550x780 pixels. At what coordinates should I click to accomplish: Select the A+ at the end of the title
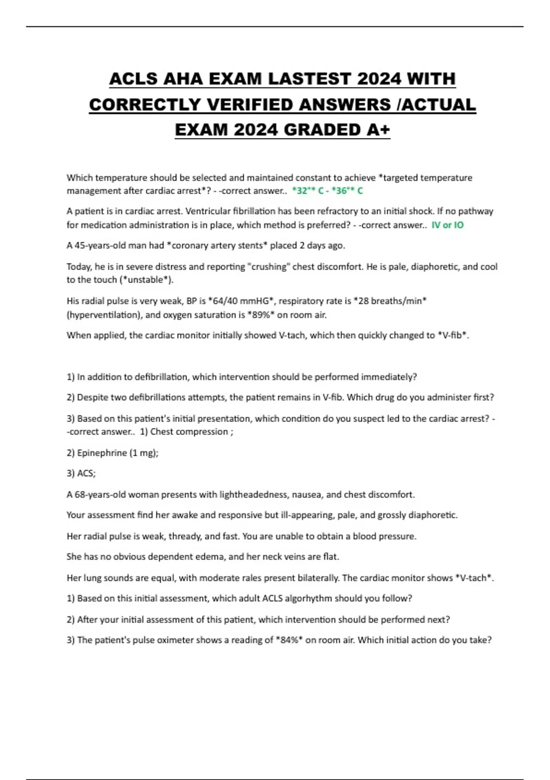[x=378, y=130]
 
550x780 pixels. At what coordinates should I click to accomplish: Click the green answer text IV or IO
[x=447, y=225]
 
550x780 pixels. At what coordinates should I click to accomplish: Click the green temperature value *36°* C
[x=347, y=191]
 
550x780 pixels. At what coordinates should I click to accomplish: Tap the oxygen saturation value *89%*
[x=261, y=315]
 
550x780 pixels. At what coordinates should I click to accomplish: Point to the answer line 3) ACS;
[x=81, y=474]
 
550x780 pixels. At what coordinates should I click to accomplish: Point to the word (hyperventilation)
[x=103, y=315]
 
